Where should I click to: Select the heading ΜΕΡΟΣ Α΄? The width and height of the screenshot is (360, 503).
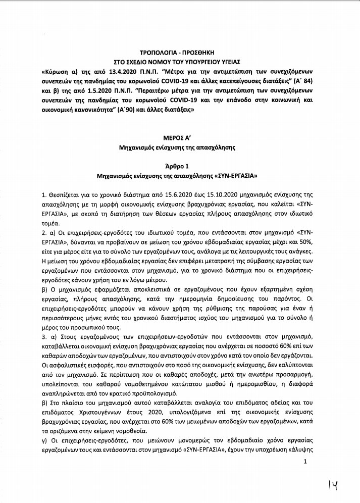point(180,138)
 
